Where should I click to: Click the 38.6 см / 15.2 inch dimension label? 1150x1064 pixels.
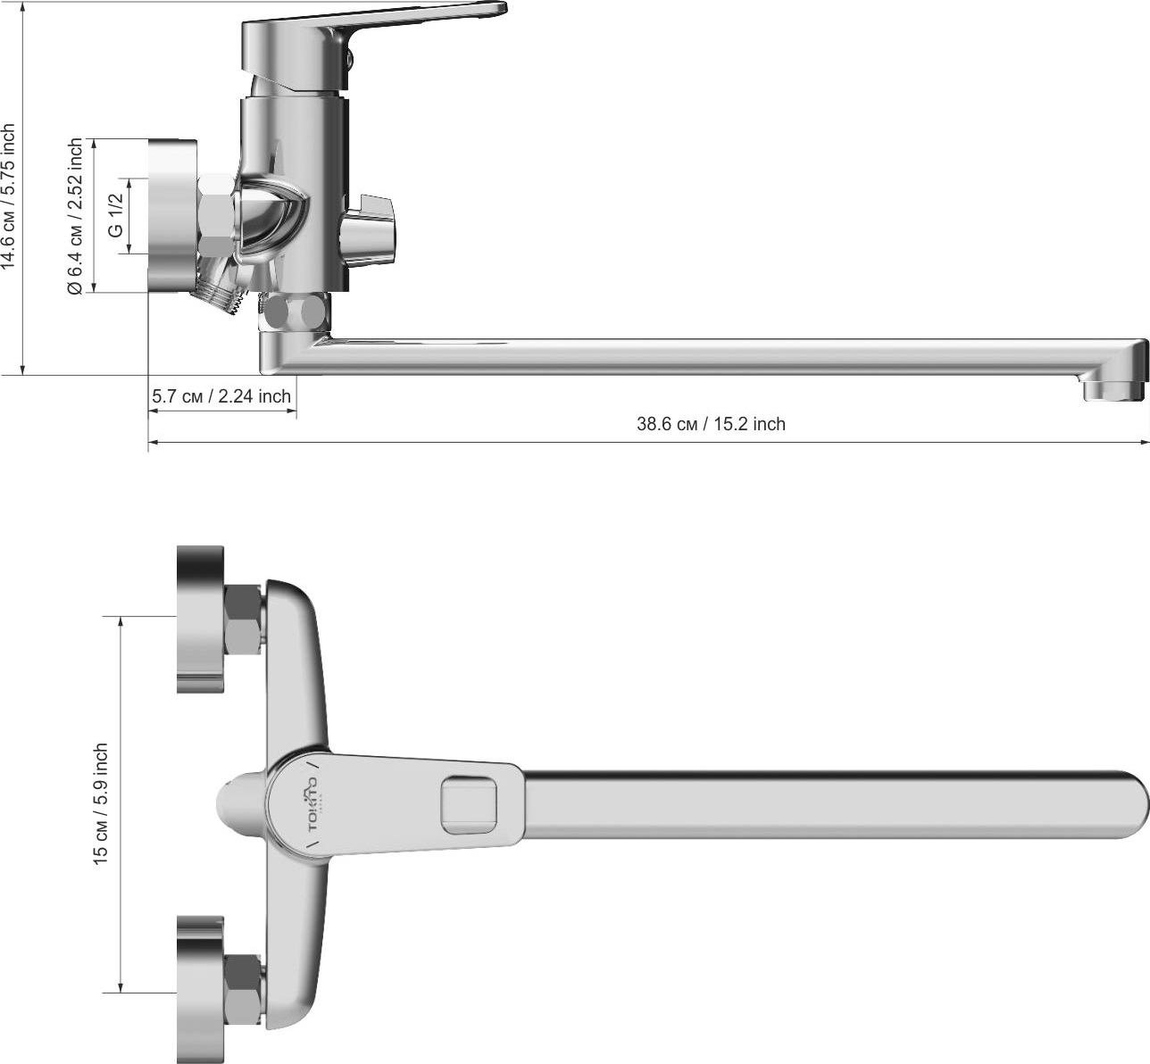(x=711, y=424)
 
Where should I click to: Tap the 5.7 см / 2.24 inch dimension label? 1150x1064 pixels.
(x=221, y=396)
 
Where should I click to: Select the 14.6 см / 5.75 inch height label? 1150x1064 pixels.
(x=9, y=197)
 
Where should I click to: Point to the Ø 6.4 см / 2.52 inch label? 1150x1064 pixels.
(x=75, y=217)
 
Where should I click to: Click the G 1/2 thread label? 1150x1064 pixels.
(x=116, y=215)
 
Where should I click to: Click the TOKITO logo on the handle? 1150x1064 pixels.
(x=312, y=804)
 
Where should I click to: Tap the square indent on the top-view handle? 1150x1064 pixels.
(x=469, y=805)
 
